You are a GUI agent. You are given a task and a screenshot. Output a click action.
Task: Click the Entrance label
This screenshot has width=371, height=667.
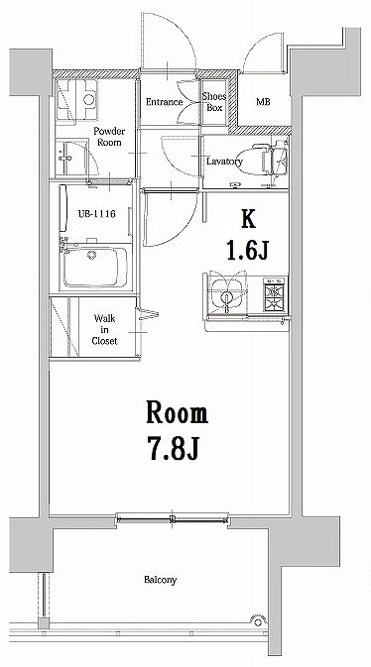point(163,102)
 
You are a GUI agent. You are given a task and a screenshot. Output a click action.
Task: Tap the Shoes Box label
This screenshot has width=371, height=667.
point(213,102)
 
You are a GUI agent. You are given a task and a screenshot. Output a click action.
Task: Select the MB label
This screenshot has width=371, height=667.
point(263,102)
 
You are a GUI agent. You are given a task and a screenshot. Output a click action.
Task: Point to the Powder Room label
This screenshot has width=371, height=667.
point(109,137)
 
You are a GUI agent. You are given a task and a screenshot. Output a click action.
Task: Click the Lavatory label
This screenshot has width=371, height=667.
point(224,162)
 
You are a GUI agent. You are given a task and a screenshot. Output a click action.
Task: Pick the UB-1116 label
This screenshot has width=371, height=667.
point(92,213)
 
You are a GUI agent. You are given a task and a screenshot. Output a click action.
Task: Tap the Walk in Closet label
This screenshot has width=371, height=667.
point(105,329)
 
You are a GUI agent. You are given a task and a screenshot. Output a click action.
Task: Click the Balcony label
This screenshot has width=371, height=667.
point(160,580)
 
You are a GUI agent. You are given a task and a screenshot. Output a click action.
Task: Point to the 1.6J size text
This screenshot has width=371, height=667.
point(249,251)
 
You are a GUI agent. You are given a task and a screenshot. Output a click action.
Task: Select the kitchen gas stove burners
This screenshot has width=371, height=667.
point(273,293)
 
